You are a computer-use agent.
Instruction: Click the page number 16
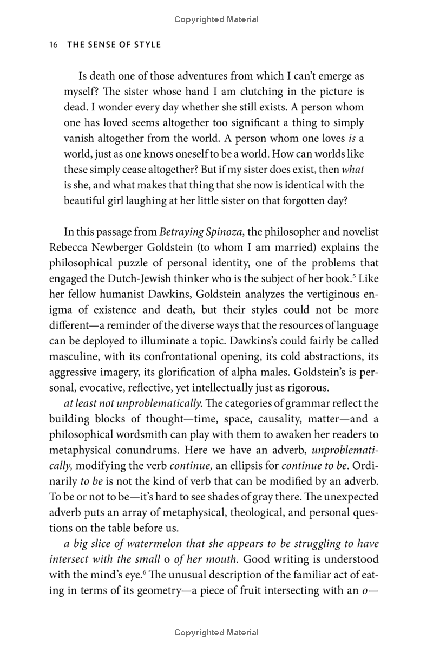pyautogui.click(x=53, y=44)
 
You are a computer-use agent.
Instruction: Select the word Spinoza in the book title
pyautogui.click(x=226, y=232)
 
